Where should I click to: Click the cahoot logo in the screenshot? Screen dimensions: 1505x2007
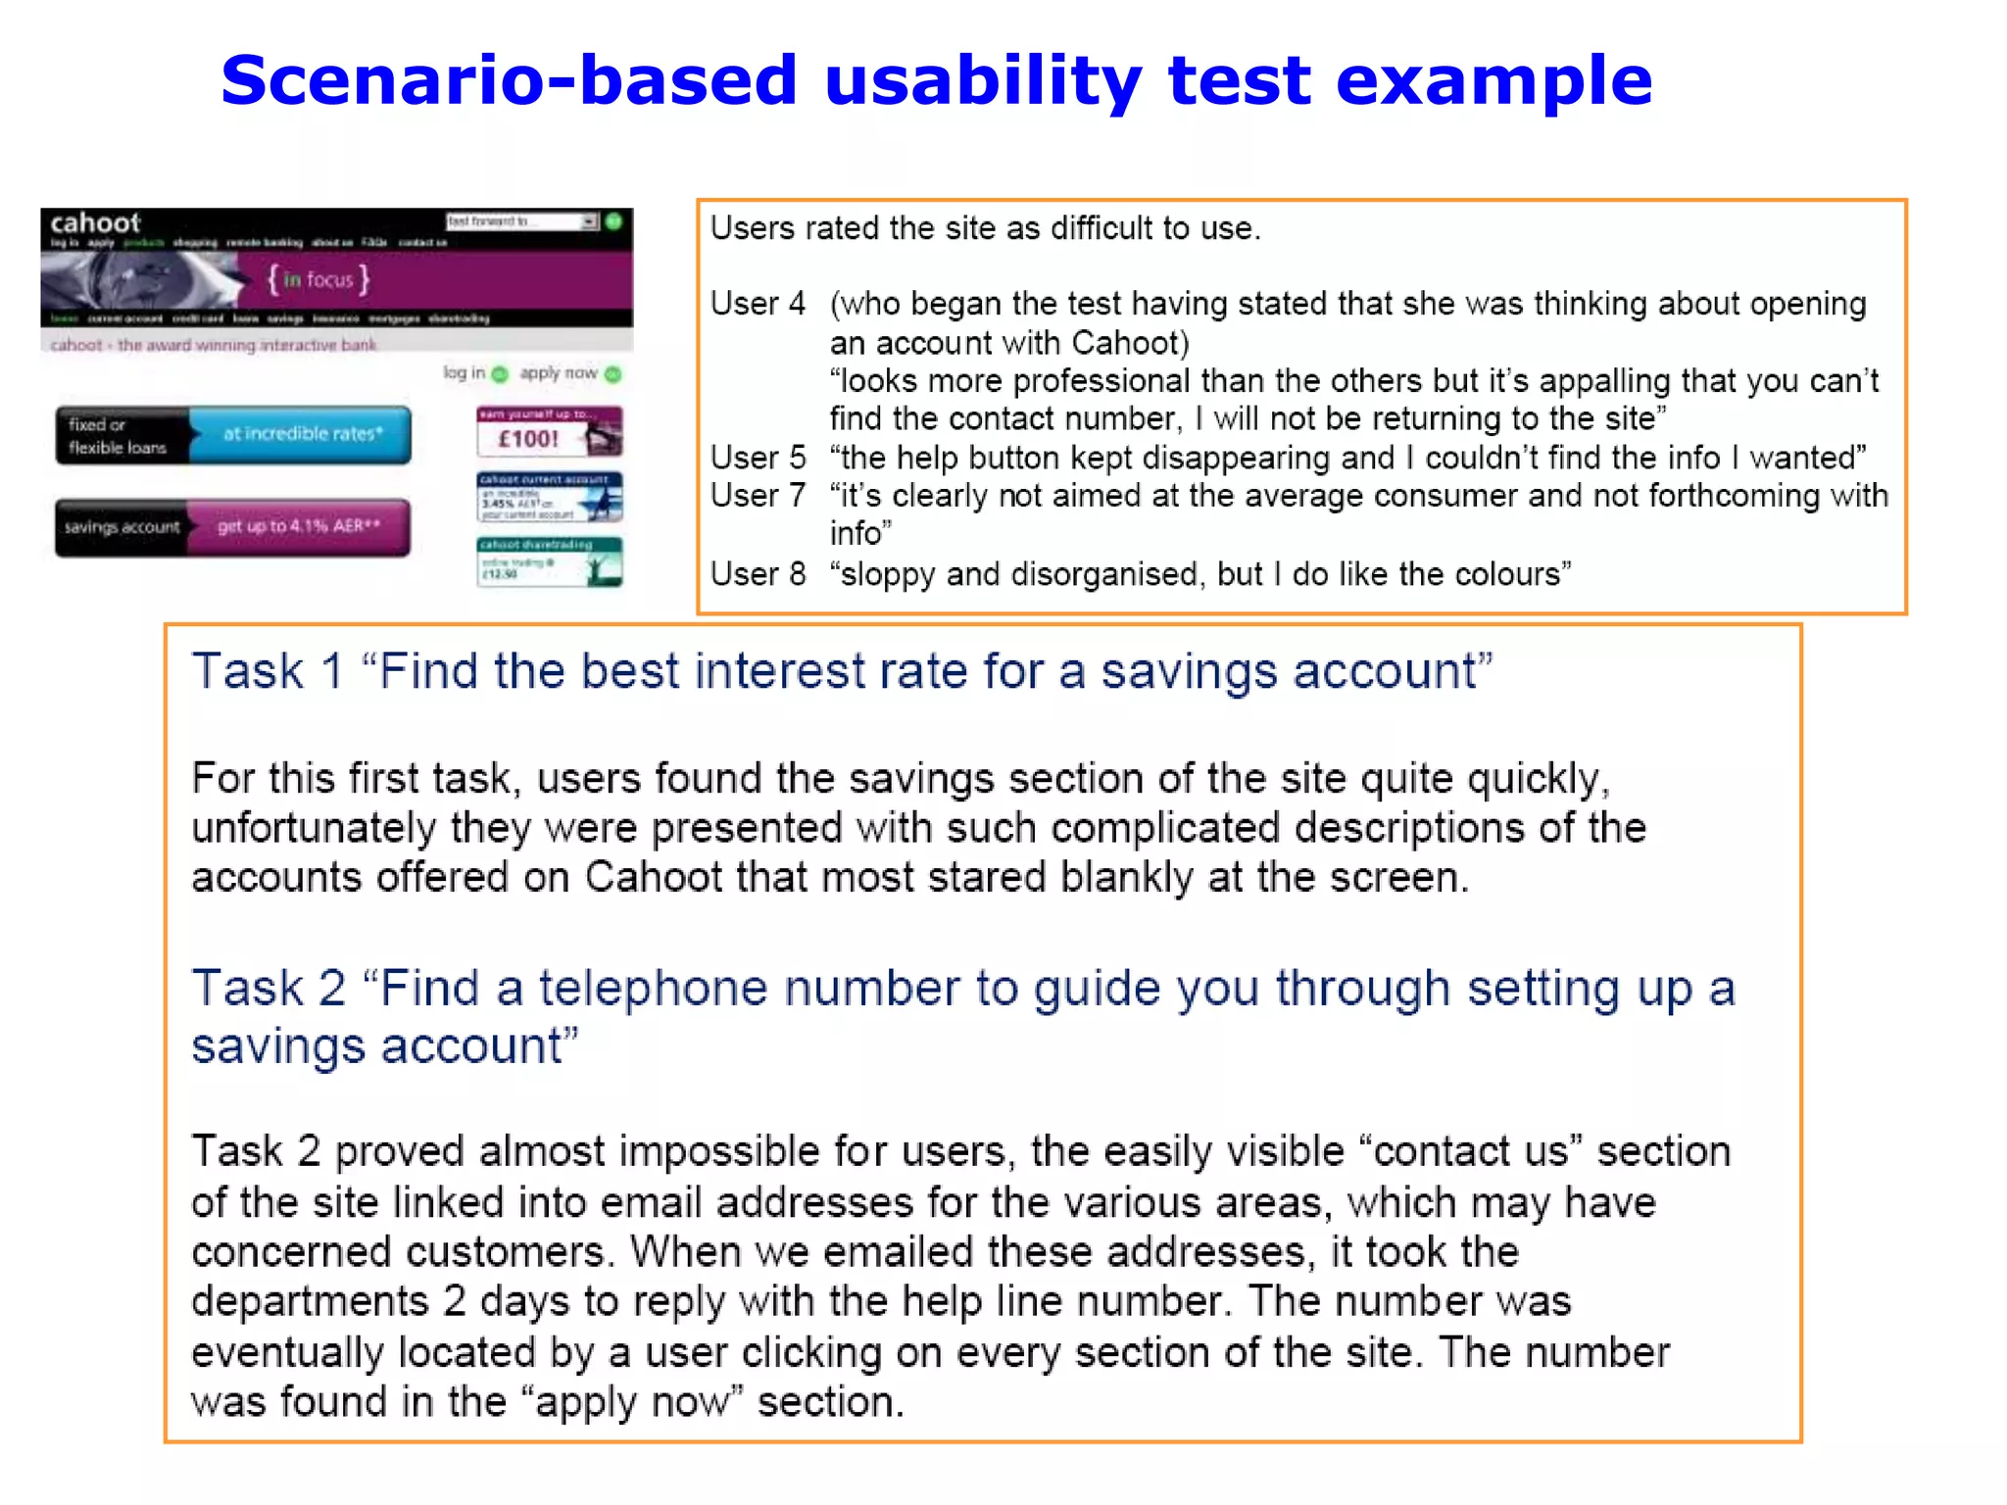[95, 222]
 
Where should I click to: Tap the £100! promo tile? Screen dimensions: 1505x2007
[549, 432]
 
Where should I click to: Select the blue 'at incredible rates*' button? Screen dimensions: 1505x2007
[300, 434]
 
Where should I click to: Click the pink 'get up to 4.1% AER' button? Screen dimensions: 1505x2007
[298, 527]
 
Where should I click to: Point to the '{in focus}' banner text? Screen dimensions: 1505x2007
[318, 280]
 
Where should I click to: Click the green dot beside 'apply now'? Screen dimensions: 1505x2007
[613, 373]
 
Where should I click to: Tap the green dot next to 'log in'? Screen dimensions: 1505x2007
[500, 373]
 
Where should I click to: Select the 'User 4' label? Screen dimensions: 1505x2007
[758, 304]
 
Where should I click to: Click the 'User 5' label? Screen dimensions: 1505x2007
[758, 458]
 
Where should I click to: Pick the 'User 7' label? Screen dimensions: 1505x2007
[758, 496]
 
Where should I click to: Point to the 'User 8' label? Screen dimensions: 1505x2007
[758, 574]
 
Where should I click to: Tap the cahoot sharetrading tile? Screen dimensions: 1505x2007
[549, 561]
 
